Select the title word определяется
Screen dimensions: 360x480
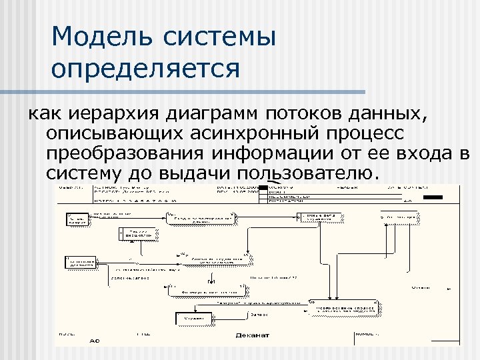pyautogui.click(x=145, y=68)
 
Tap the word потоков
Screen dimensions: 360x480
pyautogui.click(x=309, y=113)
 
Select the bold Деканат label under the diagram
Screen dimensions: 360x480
pyautogui.click(x=253, y=335)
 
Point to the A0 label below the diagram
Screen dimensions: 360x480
pyautogui.click(x=95, y=340)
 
